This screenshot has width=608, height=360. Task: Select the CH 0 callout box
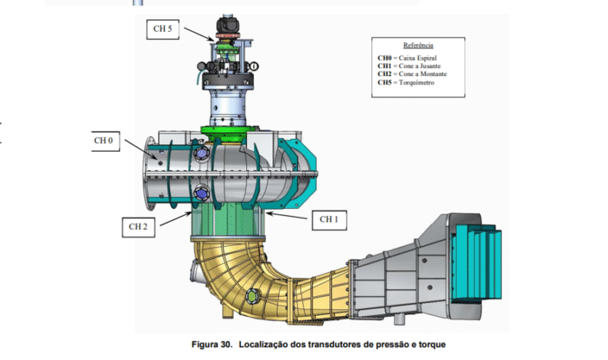tap(104, 141)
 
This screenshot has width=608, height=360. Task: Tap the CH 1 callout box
tap(328, 218)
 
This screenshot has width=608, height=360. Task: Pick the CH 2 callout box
tap(139, 226)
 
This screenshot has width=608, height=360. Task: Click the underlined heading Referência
tap(418, 46)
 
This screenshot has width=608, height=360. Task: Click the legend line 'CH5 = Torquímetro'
tap(406, 82)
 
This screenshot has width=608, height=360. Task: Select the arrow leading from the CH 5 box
tap(203, 36)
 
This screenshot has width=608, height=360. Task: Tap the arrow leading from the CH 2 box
tap(174, 218)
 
